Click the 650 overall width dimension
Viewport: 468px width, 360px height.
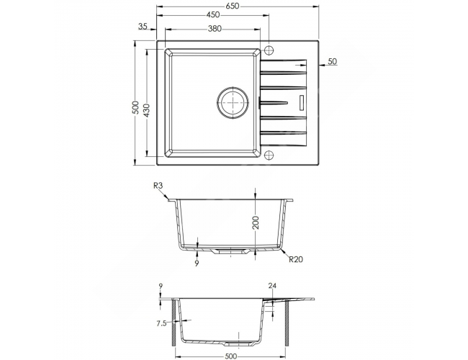pyautogui.click(x=233, y=6)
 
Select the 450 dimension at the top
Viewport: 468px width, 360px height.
pyautogui.click(x=213, y=14)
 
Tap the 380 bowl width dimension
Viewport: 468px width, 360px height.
pyautogui.click(x=215, y=29)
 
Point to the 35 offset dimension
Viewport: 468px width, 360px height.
pyautogui.click(x=143, y=26)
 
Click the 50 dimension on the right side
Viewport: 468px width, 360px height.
pyautogui.click(x=332, y=61)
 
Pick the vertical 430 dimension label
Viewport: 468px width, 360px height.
pyautogui.click(x=147, y=110)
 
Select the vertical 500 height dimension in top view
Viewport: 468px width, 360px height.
pyautogui.click(x=136, y=107)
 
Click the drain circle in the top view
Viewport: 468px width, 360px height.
pyautogui.click(x=233, y=102)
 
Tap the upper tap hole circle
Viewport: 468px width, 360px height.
pyautogui.click(x=269, y=50)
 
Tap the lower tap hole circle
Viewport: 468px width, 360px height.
pyautogui.click(x=269, y=155)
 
